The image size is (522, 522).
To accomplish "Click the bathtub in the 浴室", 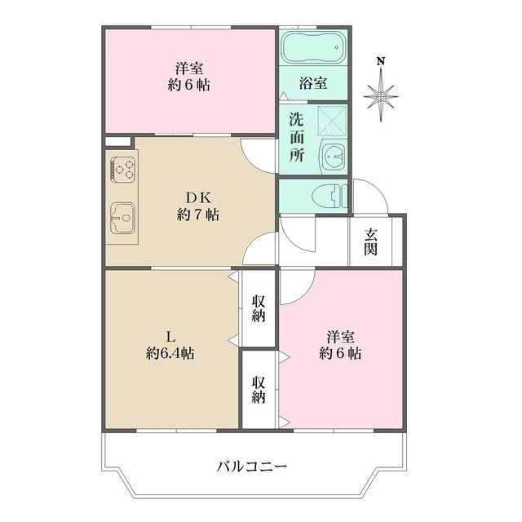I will pyautogui.click(x=314, y=48).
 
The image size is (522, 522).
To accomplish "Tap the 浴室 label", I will pyautogui.click(x=314, y=83).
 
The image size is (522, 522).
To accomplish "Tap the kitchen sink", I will pyautogui.click(x=123, y=218).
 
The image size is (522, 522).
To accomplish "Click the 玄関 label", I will pyautogui.click(x=371, y=241).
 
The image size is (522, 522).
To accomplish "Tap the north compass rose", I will pyautogui.click(x=381, y=97).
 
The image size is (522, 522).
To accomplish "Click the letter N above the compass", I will pyautogui.click(x=380, y=60).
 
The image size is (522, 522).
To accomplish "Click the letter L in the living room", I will pyautogui.click(x=170, y=336).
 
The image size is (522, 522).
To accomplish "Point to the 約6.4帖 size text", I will pyautogui.click(x=170, y=353).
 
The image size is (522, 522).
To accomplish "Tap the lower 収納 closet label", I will pyautogui.click(x=259, y=389).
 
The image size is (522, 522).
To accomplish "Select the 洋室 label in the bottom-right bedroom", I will pyautogui.click(x=340, y=336).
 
